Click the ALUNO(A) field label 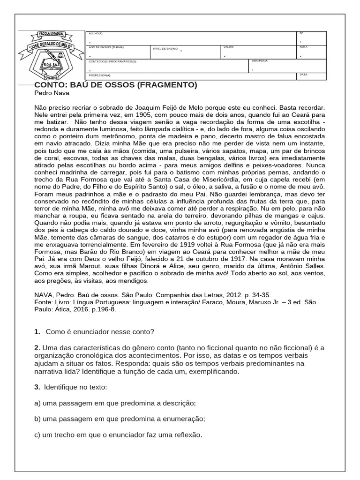96,34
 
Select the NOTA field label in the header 303,47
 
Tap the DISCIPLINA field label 260,61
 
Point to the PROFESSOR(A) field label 100,75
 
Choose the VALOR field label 229,47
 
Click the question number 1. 37,332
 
